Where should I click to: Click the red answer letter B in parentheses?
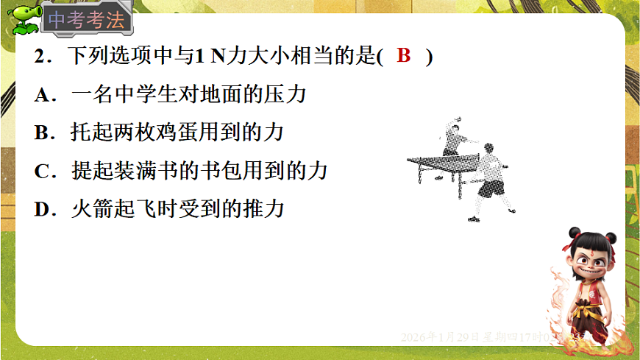403,56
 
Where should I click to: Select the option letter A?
41,95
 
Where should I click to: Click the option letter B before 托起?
41,133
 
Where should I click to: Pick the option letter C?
41,171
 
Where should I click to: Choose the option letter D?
41,209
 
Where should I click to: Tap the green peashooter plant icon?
23,20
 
